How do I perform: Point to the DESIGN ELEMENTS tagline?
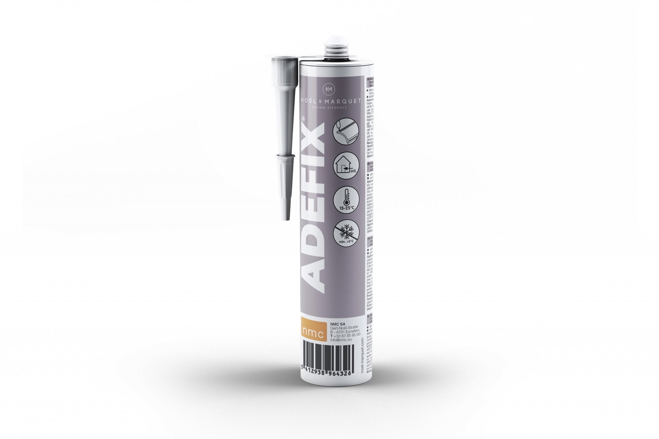pos(329,107)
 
